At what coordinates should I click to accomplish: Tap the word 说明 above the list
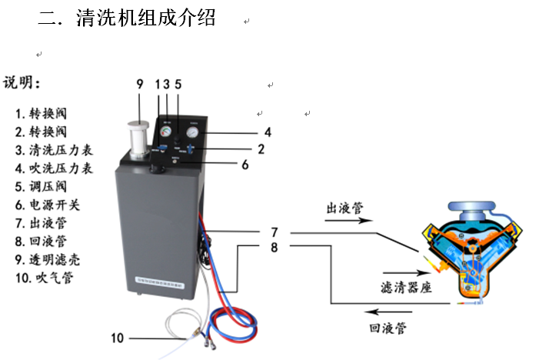[x=22, y=83]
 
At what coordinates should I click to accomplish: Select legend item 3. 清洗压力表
[x=55, y=149]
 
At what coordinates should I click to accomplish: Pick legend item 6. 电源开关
[x=48, y=205]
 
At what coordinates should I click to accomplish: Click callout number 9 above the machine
[x=139, y=83]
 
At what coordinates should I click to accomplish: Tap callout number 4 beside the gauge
[x=268, y=131]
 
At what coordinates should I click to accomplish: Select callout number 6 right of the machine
[x=245, y=164]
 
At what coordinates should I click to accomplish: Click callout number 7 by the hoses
[x=273, y=232]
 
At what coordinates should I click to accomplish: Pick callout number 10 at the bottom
[x=117, y=337]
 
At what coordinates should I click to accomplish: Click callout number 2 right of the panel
[x=261, y=148]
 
